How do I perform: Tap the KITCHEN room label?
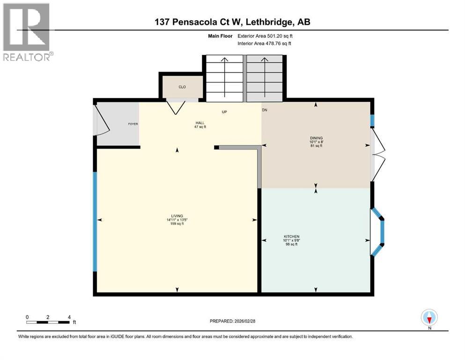pyautogui.click(x=291, y=237)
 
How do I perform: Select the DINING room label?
pyautogui.click(x=316, y=138)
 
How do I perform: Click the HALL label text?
pyautogui.click(x=200, y=123)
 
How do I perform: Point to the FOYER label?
pyautogui.click(x=133, y=124)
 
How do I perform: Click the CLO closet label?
pyautogui.click(x=182, y=87)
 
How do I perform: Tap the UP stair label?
pyautogui.click(x=224, y=112)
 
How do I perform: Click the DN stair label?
pyautogui.click(x=264, y=110)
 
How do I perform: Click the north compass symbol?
pyautogui.click(x=429, y=318)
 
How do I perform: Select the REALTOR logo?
pyautogui.click(x=27, y=32)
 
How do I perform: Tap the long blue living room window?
pyautogui.click(x=95, y=221)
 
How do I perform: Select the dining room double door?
pyautogui.click(x=377, y=154)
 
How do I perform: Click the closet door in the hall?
pyautogui.click(x=177, y=106)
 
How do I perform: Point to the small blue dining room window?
pyautogui.click(x=373, y=120)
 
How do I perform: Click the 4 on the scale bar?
pyautogui.click(x=69, y=317)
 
